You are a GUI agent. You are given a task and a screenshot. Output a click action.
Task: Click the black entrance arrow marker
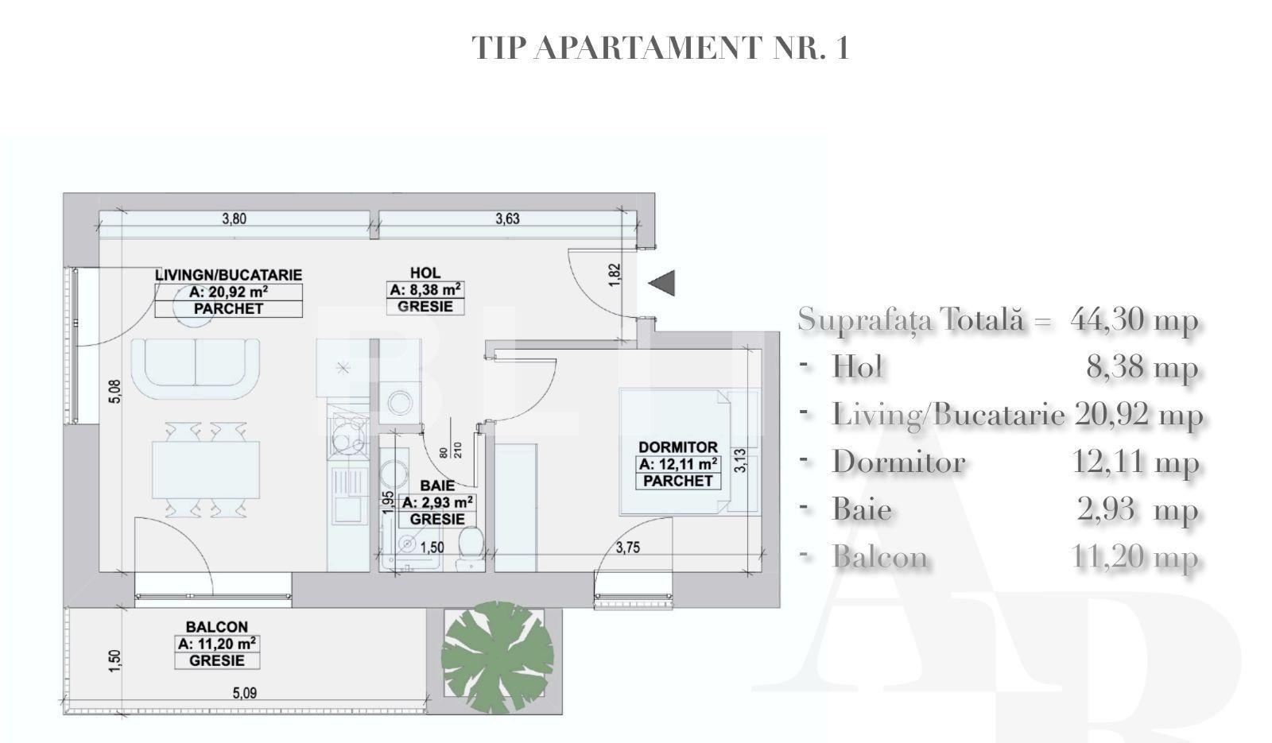tap(663, 283)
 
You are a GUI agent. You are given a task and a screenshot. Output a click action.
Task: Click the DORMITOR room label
tap(677, 447)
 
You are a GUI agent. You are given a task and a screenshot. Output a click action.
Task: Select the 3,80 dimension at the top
tap(234, 219)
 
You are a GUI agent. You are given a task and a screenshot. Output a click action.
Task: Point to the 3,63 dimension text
tap(507, 219)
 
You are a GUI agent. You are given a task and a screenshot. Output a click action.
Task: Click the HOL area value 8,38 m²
tap(425, 290)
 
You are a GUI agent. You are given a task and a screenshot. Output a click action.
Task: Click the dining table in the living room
tap(206, 469)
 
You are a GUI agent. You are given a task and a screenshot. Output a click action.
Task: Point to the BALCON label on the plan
tap(217, 627)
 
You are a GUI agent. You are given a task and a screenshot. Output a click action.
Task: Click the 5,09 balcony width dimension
tap(245, 693)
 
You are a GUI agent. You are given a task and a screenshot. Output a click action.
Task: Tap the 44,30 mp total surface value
tap(1134, 319)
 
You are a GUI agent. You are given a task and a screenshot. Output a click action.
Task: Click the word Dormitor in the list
tap(898, 462)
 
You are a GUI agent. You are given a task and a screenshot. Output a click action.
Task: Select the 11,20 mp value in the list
tap(1134, 557)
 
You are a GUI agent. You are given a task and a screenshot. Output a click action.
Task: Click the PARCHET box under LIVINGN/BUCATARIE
tap(228, 308)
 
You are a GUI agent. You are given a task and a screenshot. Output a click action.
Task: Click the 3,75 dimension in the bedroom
tap(628, 548)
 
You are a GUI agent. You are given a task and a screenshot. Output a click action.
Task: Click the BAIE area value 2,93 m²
tap(438, 502)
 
